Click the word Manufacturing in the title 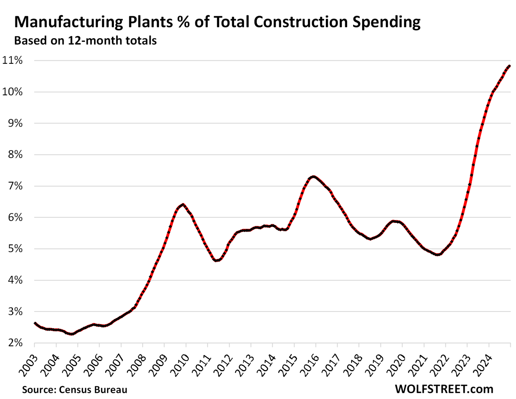69,22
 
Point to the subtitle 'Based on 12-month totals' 85,41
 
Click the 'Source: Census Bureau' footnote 75,390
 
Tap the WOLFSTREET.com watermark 444,389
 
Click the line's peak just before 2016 313,176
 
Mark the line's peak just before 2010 183,204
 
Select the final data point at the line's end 509,66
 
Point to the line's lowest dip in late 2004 72,334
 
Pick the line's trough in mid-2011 216,260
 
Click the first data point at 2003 35,323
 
